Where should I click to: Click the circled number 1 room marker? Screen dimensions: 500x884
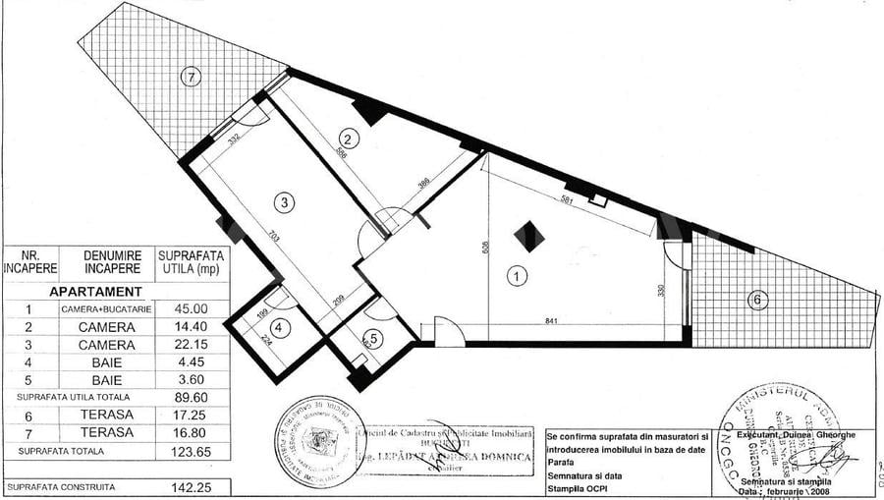pyautogui.click(x=515, y=277)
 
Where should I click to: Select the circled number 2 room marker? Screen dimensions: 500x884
pyautogui.click(x=347, y=139)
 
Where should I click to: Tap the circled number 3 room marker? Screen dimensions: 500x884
pyautogui.click(x=284, y=203)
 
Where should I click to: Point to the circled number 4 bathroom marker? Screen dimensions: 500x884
pyautogui.click(x=279, y=328)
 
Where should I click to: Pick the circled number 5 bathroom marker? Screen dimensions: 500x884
pyautogui.click(x=377, y=334)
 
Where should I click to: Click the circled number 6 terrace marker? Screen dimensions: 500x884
pyautogui.click(x=757, y=300)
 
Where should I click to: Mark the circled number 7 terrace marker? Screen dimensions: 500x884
pyautogui.click(x=191, y=75)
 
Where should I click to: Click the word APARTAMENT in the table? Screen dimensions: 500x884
pyautogui.click(x=95, y=292)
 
